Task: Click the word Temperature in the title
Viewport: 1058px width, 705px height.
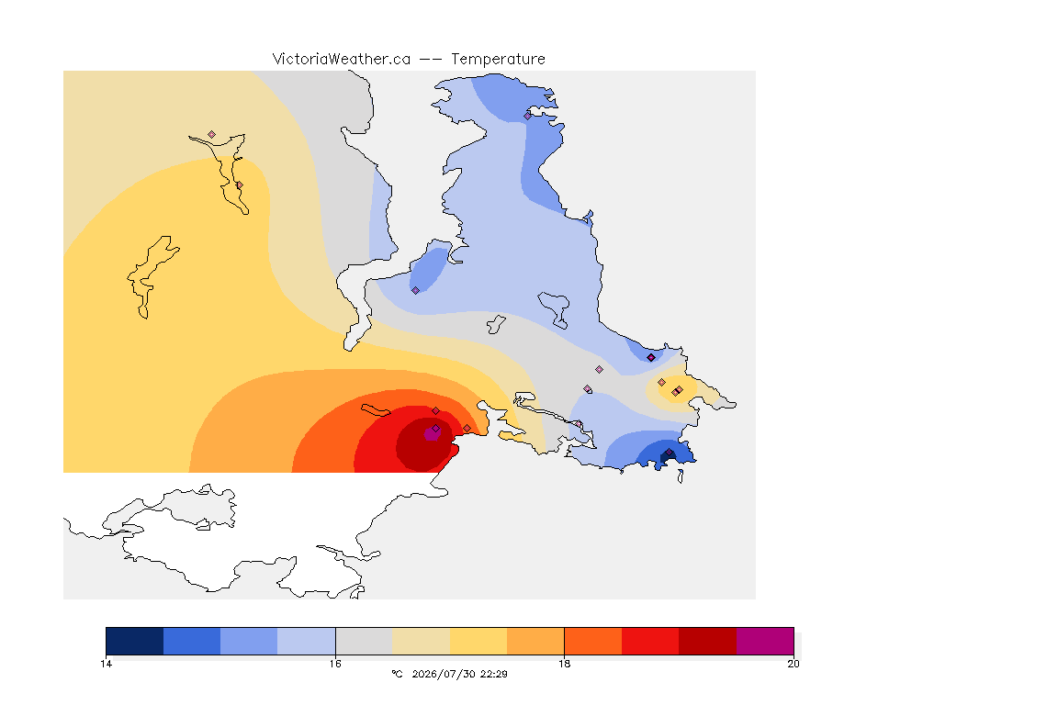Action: click(x=498, y=60)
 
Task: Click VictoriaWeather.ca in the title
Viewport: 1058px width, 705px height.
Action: click(x=342, y=60)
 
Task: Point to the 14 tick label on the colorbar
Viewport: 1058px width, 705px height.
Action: click(x=106, y=664)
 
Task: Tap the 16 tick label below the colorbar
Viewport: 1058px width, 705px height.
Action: click(x=335, y=664)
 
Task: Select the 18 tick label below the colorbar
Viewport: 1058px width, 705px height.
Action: click(x=564, y=664)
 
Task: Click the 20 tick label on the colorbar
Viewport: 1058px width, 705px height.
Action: click(x=793, y=664)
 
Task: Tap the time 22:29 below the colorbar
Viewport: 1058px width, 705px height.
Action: click(x=494, y=674)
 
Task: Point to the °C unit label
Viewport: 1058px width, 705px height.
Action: click(x=398, y=674)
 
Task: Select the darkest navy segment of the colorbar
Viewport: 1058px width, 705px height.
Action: click(x=135, y=641)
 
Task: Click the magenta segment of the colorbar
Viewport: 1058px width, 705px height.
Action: click(x=765, y=641)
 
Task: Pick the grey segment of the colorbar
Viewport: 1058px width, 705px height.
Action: click(x=365, y=641)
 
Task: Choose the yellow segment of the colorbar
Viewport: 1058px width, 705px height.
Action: click(x=478, y=641)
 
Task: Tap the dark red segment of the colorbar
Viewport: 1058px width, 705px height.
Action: click(x=708, y=641)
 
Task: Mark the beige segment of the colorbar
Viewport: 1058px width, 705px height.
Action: click(x=421, y=641)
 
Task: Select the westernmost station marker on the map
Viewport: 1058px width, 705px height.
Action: click(x=212, y=135)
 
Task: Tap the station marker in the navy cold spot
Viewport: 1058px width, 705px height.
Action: click(x=669, y=453)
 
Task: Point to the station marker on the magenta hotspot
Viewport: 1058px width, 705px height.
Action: click(x=436, y=429)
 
